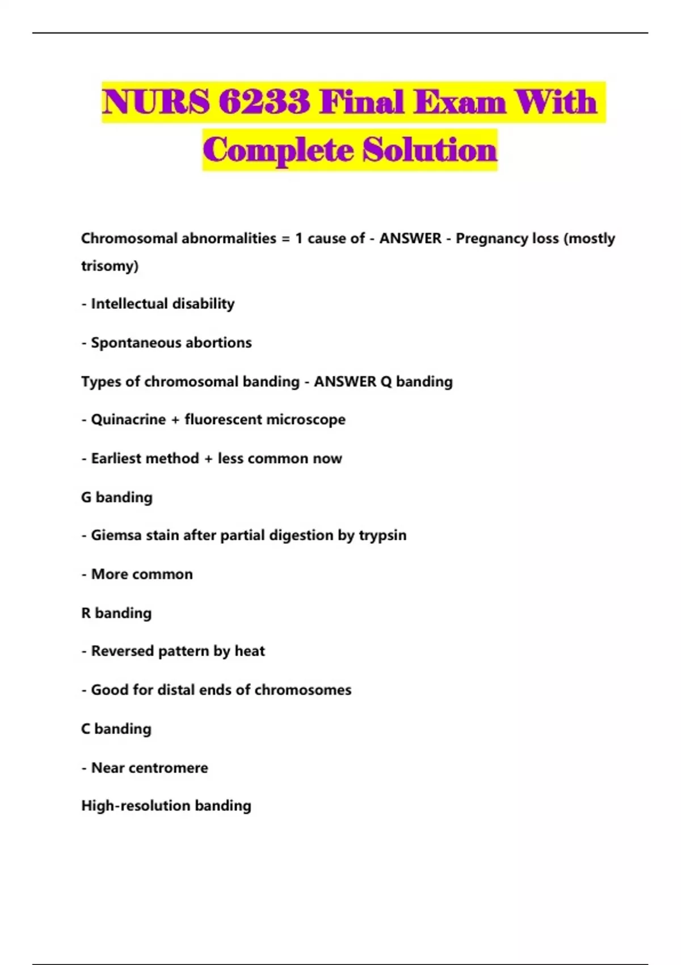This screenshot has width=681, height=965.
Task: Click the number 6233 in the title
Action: pos(264,102)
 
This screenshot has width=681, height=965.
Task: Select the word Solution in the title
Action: pos(430,150)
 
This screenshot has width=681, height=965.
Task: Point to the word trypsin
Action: pos(382,535)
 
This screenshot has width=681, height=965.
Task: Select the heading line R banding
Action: pos(116,613)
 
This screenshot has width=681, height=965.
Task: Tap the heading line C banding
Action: pos(116,729)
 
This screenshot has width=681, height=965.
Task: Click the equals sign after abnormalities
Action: pos(285,238)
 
